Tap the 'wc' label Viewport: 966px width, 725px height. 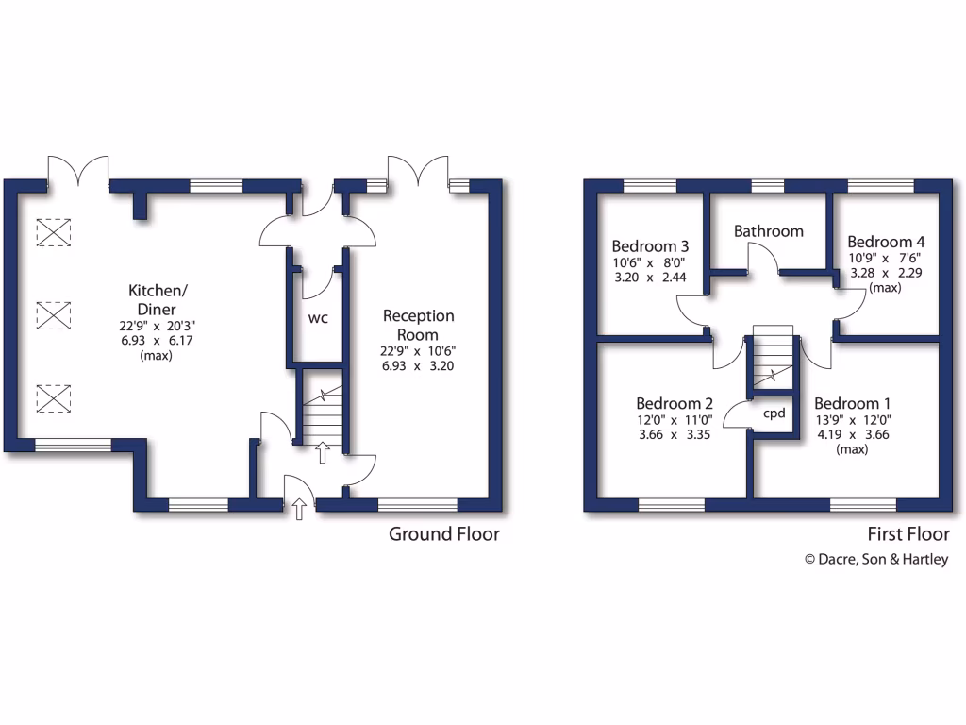click(x=318, y=317)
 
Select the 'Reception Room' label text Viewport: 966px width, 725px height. click(x=418, y=325)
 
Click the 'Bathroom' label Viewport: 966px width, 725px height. click(x=769, y=230)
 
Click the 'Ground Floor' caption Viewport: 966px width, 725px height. click(x=444, y=534)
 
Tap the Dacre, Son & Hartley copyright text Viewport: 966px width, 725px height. click(x=875, y=559)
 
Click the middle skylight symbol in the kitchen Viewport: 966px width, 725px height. click(x=54, y=314)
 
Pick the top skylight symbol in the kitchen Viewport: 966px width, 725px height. click(x=54, y=231)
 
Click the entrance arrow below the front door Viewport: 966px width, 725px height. click(x=300, y=511)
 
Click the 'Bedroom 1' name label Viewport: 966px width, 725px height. click(x=852, y=400)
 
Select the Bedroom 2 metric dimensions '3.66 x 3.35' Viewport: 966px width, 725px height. click(x=672, y=435)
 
